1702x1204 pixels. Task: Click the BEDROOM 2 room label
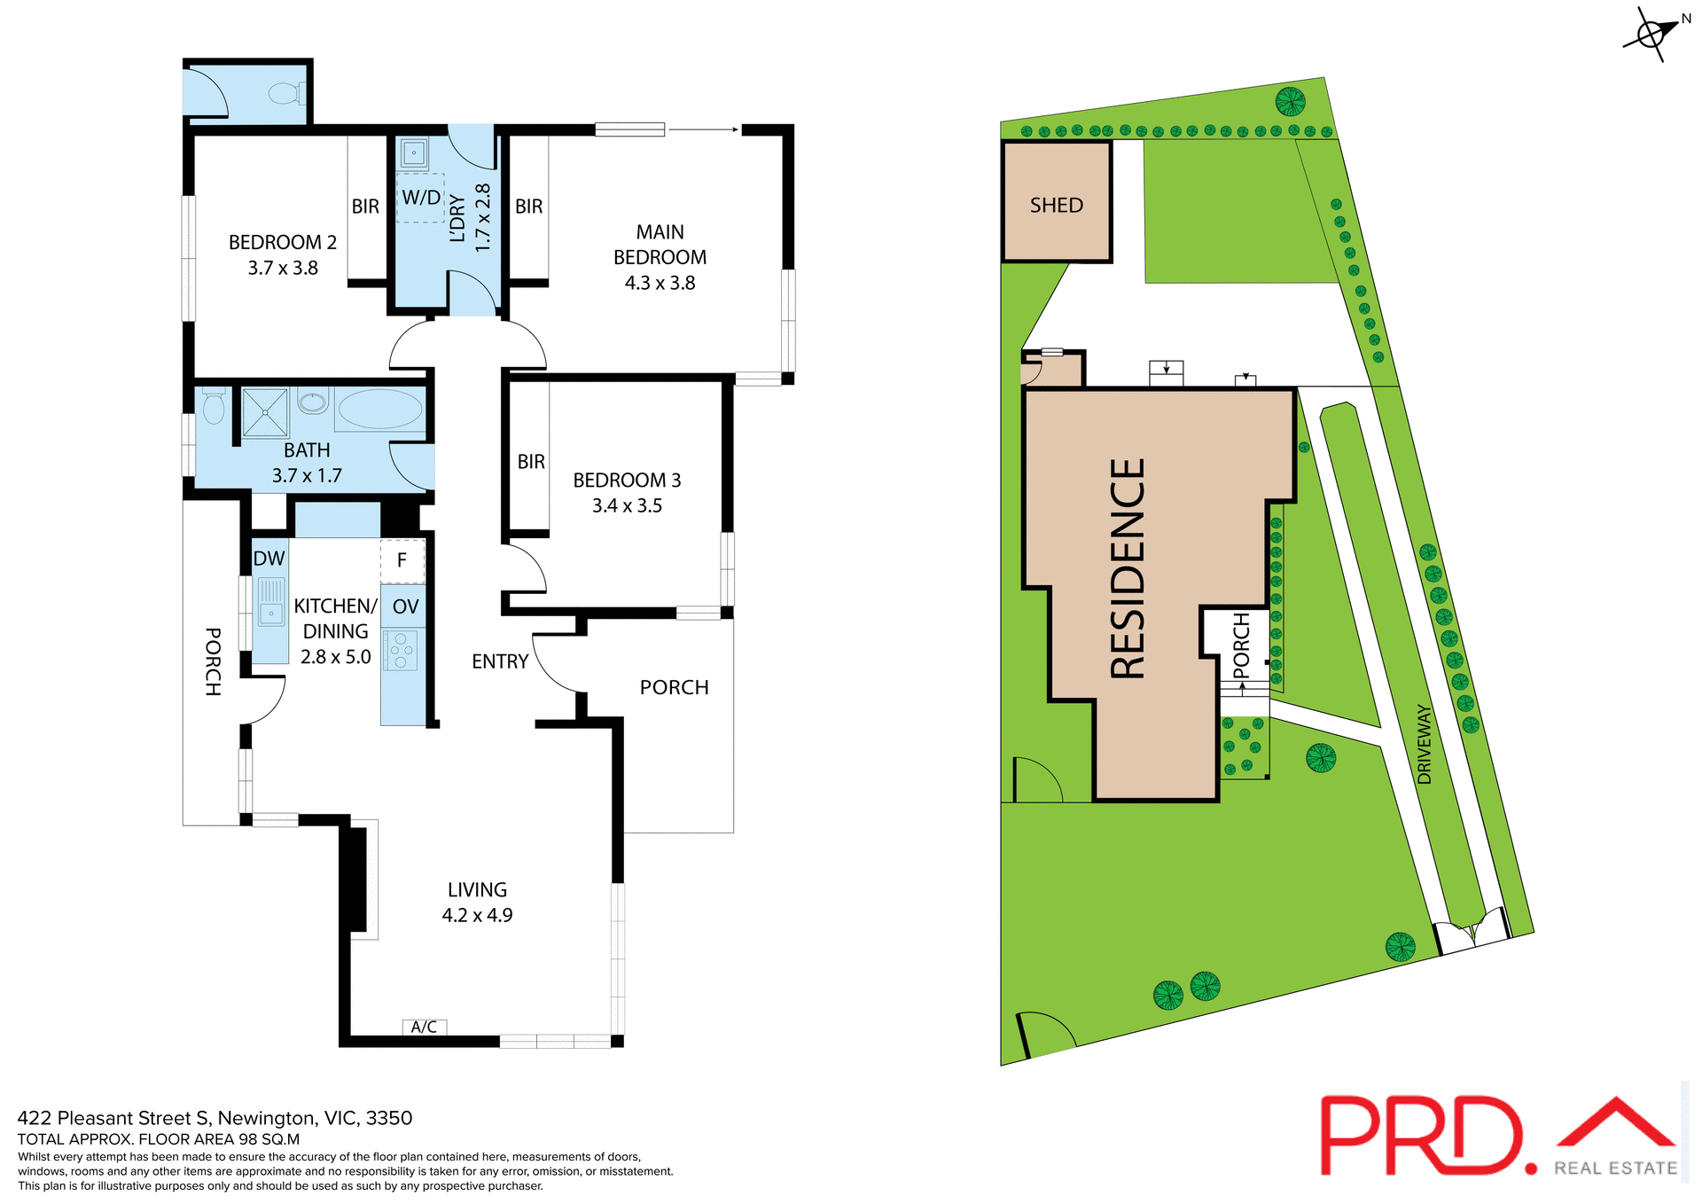282,242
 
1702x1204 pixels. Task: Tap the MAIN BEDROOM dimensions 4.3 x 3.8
660,283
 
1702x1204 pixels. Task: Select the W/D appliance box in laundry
421,198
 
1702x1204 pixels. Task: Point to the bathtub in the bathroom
380,409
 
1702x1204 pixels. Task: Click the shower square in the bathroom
265,412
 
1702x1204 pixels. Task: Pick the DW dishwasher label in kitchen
269,559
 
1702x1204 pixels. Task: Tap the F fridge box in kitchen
402,560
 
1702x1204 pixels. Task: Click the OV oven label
405,607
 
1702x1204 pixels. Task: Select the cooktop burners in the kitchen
401,650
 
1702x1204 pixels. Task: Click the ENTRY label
500,661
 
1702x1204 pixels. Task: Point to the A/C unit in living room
425,1027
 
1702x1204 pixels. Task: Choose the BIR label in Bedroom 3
531,462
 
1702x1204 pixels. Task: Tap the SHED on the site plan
1057,206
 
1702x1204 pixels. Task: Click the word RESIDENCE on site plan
1128,568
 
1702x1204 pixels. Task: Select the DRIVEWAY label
1425,743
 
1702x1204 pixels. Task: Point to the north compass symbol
1652,35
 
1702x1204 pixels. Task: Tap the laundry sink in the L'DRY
414,153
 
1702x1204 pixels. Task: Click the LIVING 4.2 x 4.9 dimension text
477,915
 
